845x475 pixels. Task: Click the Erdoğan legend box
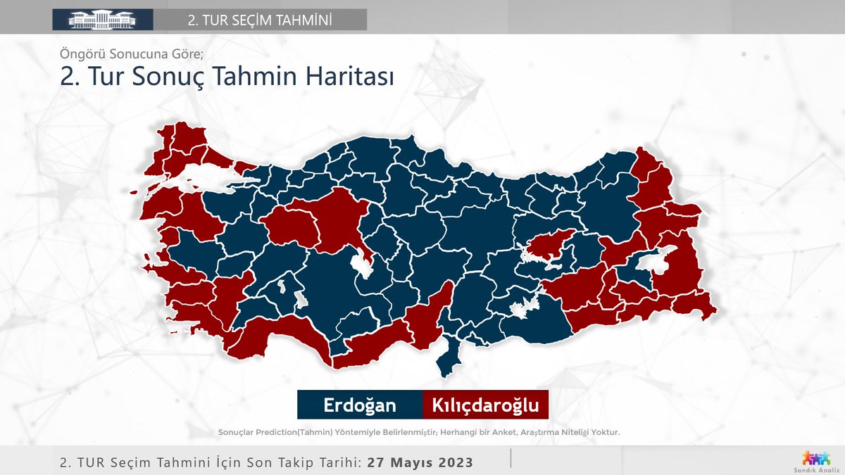359,405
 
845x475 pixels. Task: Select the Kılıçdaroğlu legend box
485,405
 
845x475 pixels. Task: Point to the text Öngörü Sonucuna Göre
130,53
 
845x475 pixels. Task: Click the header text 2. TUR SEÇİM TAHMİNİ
260,19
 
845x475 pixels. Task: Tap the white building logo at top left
102,19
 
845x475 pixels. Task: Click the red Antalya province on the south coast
282,338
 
